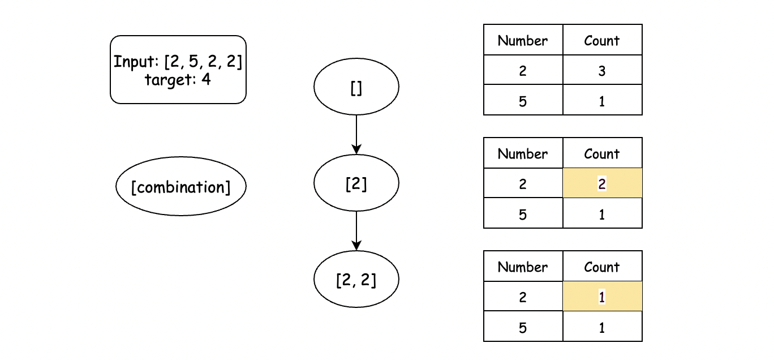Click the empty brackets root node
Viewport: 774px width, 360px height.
pyautogui.click(x=356, y=86)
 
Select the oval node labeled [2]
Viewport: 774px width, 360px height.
pyautogui.click(x=356, y=183)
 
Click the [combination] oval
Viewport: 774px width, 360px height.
pyautogui.click(x=180, y=187)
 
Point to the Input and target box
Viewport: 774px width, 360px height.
pyautogui.click(x=178, y=69)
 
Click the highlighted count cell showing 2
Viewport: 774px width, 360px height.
pyautogui.click(x=602, y=183)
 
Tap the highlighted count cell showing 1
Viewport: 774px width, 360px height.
pyautogui.click(x=602, y=296)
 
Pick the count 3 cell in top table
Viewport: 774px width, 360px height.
pyautogui.click(x=602, y=70)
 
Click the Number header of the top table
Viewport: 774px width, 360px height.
pyautogui.click(x=523, y=40)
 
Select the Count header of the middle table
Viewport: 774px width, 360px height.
pyautogui.click(x=602, y=153)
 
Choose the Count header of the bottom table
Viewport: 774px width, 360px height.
pyautogui.click(x=602, y=267)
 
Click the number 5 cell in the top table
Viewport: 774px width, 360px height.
pyautogui.click(x=523, y=100)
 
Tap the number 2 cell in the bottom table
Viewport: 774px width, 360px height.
pyautogui.click(x=523, y=296)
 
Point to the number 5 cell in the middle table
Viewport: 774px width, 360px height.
pyautogui.click(x=523, y=213)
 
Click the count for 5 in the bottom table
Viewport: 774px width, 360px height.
pyautogui.click(x=602, y=327)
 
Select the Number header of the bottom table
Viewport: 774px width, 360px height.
pyautogui.click(x=523, y=267)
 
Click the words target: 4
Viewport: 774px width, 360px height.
pyautogui.click(x=178, y=80)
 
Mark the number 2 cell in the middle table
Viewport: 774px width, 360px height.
pyautogui.click(x=523, y=183)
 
